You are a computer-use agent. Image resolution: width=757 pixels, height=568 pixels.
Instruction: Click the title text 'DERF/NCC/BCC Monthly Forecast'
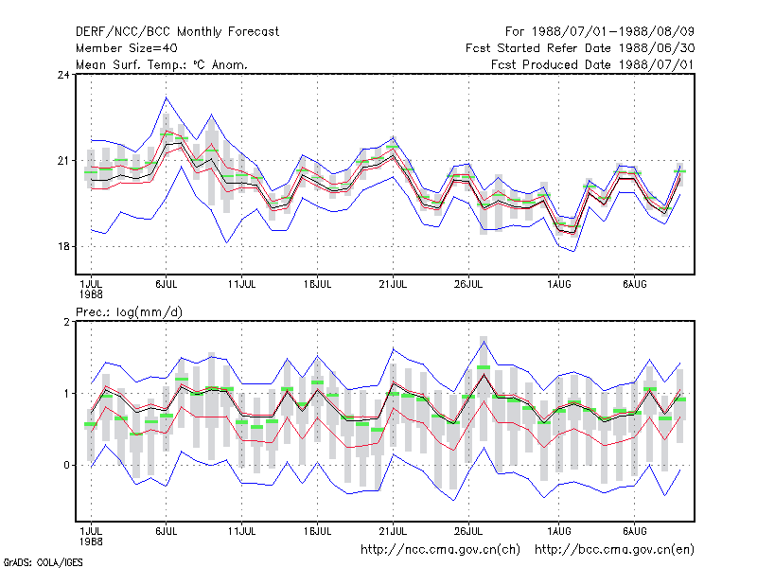tap(177, 32)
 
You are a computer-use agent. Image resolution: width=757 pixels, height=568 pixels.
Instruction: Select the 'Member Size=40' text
tap(127, 48)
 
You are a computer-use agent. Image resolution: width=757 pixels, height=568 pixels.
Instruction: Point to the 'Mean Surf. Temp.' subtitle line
tap(162, 64)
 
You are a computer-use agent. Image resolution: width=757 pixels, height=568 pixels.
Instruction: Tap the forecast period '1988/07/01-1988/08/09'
tap(612, 32)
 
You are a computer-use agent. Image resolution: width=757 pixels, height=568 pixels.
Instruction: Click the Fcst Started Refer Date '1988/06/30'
tap(657, 48)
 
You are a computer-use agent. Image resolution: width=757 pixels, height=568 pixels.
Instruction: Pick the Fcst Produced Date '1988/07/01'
tap(657, 64)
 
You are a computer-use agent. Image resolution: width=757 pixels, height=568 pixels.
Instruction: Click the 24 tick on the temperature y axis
tap(63, 75)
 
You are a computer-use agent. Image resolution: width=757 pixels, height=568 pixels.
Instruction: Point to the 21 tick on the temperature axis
tap(63, 160)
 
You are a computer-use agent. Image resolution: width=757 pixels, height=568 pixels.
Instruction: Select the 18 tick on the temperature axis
tap(63, 246)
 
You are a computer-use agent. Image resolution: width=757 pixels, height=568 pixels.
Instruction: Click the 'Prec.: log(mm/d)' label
tap(129, 312)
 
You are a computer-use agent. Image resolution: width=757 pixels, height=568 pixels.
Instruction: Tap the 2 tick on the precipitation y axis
tap(66, 322)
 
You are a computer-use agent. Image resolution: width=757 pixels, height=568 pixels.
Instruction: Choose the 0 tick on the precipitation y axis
tap(66, 465)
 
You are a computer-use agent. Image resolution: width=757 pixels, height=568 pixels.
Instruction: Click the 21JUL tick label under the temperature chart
tap(393, 285)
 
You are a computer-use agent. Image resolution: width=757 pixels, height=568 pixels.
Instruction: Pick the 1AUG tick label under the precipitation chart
tap(558, 531)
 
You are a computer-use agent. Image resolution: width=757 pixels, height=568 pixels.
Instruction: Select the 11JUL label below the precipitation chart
tap(241, 531)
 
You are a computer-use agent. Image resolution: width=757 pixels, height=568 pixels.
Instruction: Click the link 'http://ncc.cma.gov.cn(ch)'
tap(440, 550)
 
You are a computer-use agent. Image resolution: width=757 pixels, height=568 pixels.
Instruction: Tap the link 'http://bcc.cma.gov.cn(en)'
tap(614, 550)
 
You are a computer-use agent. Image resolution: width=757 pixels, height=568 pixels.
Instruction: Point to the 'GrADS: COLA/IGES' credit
tap(43, 562)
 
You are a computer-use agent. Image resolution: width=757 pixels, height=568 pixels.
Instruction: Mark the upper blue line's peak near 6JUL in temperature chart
tap(167, 98)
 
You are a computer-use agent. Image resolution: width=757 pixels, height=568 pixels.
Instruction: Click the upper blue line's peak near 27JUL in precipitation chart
tap(484, 342)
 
